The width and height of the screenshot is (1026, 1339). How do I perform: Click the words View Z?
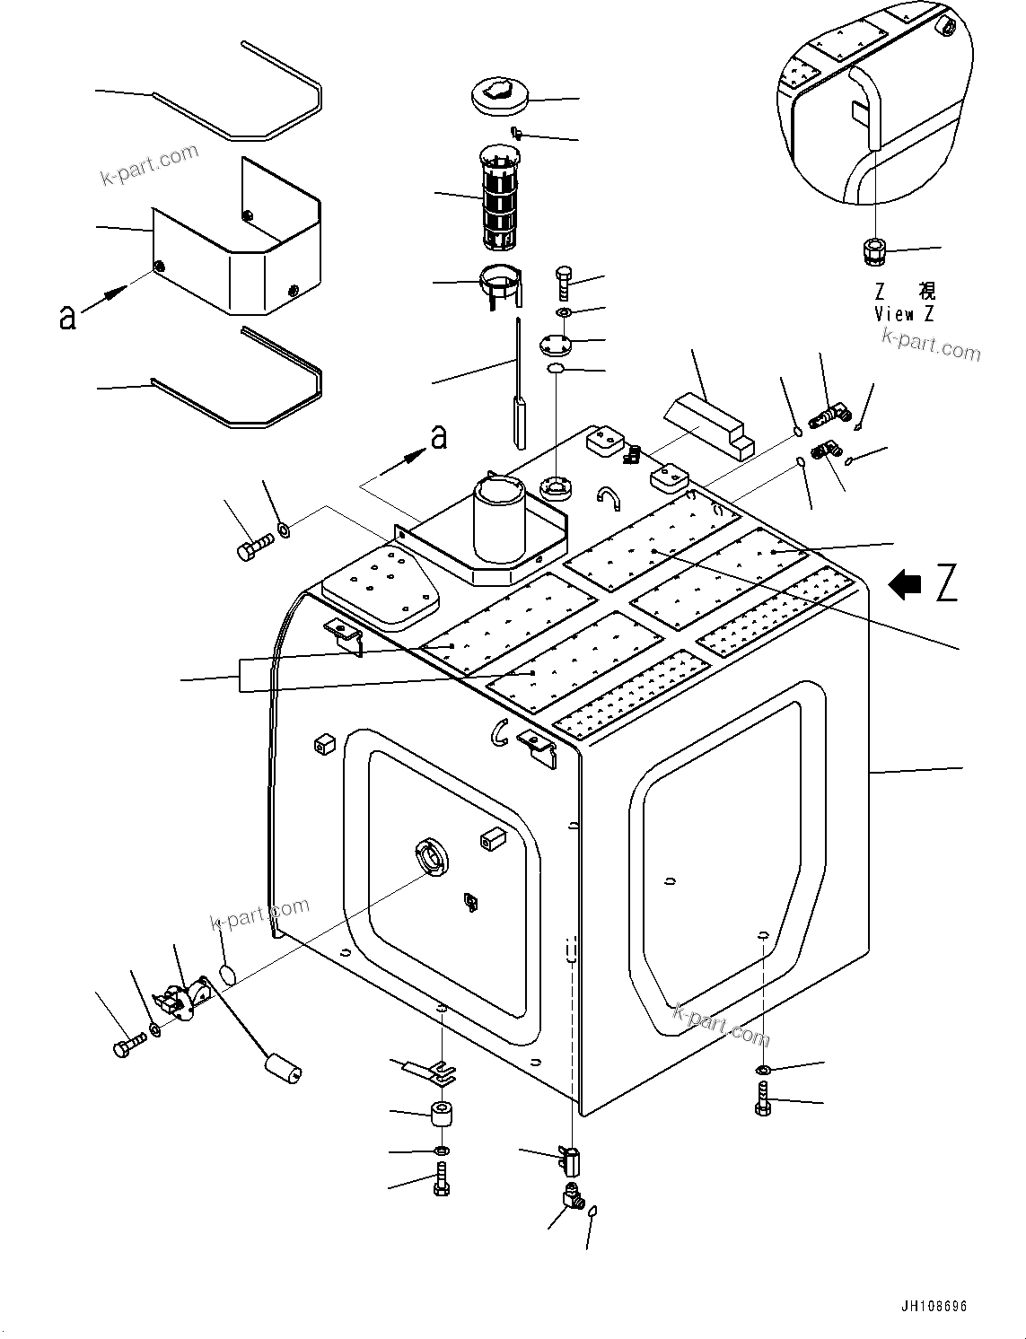pyautogui.click(x=905, y=314)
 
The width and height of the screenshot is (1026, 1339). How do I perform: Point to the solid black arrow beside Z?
pyautogui.click(x=905, y=585)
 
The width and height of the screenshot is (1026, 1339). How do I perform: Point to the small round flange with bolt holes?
pyautogui.click(x=556, y=343)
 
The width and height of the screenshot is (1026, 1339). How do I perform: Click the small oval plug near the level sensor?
pyautogui.click(x=229, y=974)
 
